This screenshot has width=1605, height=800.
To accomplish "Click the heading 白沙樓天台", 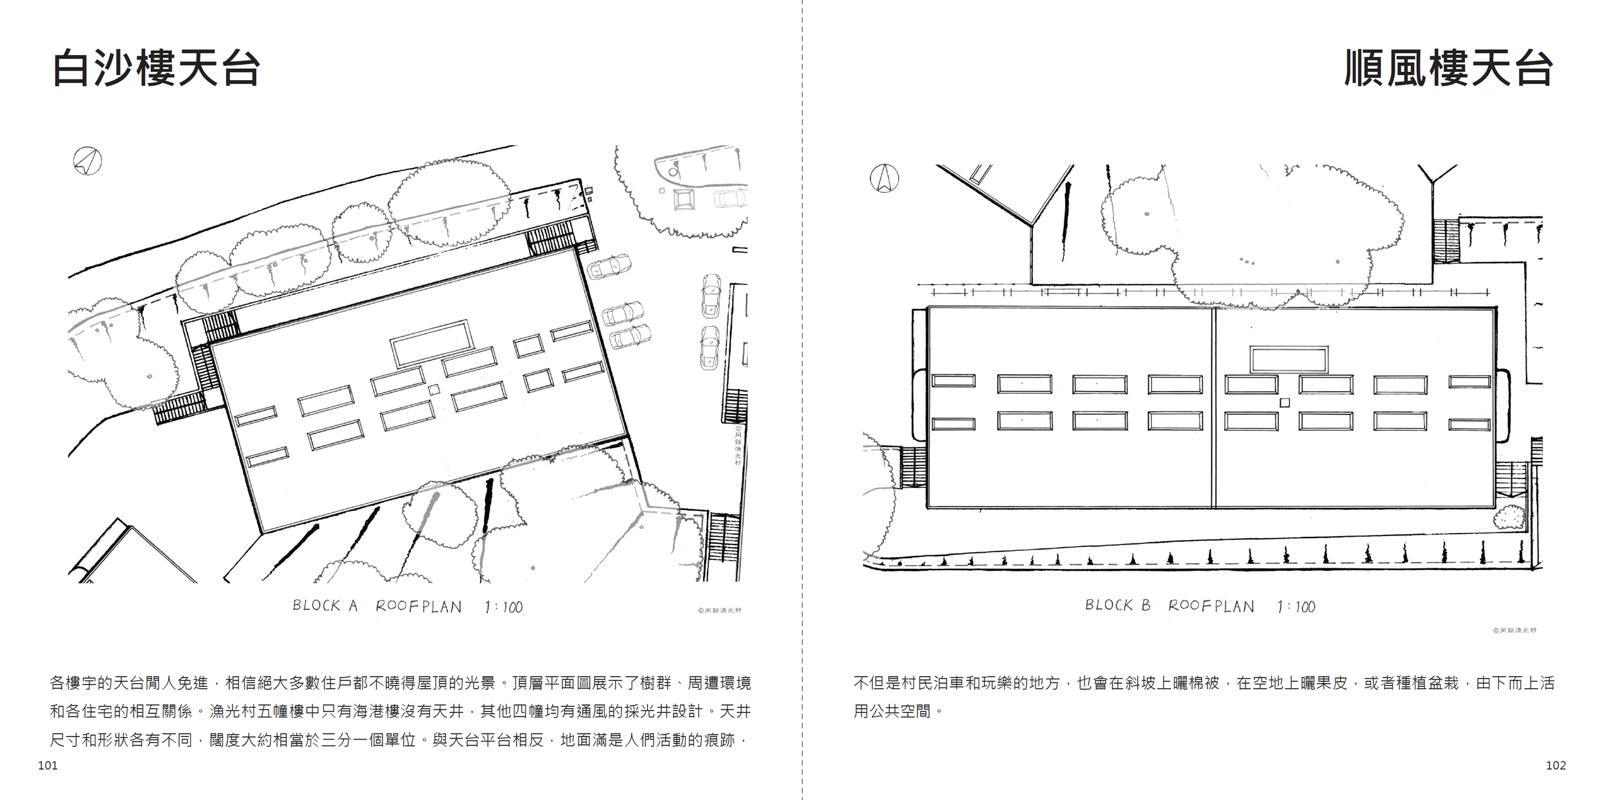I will point(156,68).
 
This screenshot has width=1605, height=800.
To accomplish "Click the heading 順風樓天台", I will point(1448,68).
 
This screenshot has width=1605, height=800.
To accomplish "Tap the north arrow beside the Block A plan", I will point(87,161).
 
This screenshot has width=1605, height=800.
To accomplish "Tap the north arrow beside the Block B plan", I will point(884,178).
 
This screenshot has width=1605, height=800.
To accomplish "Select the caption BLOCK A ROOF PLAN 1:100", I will point(407,606).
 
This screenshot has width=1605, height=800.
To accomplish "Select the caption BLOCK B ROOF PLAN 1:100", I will point(1199,606).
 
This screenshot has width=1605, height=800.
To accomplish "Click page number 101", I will point(48,765).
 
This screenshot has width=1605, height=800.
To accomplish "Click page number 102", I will point(1556,765).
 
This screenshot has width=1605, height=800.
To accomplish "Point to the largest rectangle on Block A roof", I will point(432,343).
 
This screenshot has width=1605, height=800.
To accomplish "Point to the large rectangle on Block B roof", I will point(1288,360).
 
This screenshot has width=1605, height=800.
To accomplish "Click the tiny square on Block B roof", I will point(1285,403).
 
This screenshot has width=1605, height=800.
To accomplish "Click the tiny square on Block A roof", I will point(434,389).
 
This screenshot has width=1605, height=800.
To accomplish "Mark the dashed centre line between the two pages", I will point(802,398).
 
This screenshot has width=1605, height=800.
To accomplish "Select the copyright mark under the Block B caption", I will point(1514,630).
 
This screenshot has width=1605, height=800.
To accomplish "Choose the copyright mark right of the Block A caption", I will point(720,611).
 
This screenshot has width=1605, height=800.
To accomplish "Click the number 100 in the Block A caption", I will point(512,607).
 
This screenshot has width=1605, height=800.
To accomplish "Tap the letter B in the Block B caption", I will point(1146,605).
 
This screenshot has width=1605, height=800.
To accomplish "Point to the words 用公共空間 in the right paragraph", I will point(892,711).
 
